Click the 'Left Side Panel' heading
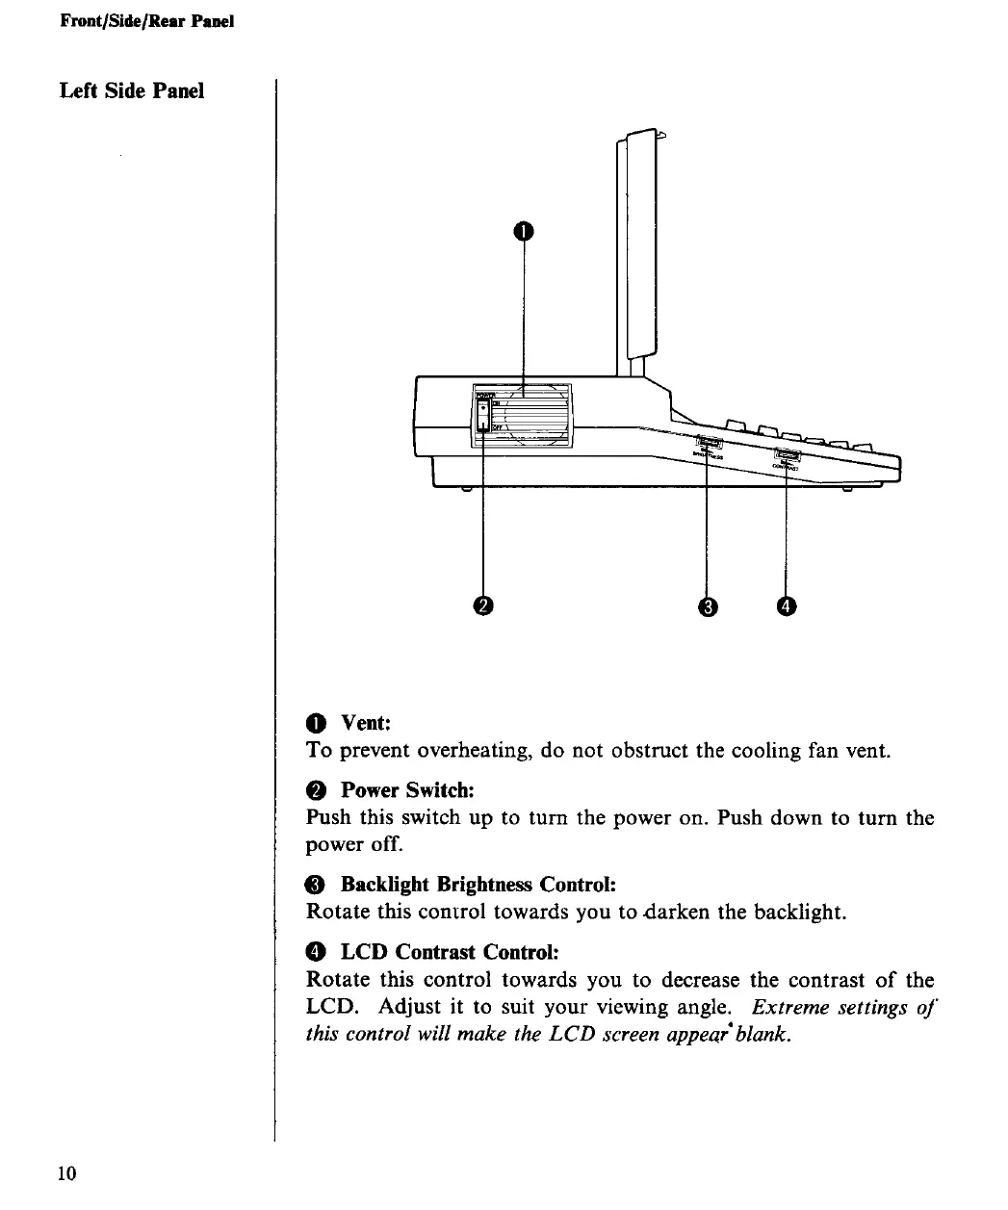(x=132, y=91)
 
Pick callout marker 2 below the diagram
(x=483, y=605)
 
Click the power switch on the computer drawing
(x=483, y=416)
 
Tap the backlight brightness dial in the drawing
(x=708, y=443)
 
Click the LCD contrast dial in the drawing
(x=787, y=457)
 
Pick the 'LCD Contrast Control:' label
(x=450, y=952)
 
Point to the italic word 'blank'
(x=760, y=1035)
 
